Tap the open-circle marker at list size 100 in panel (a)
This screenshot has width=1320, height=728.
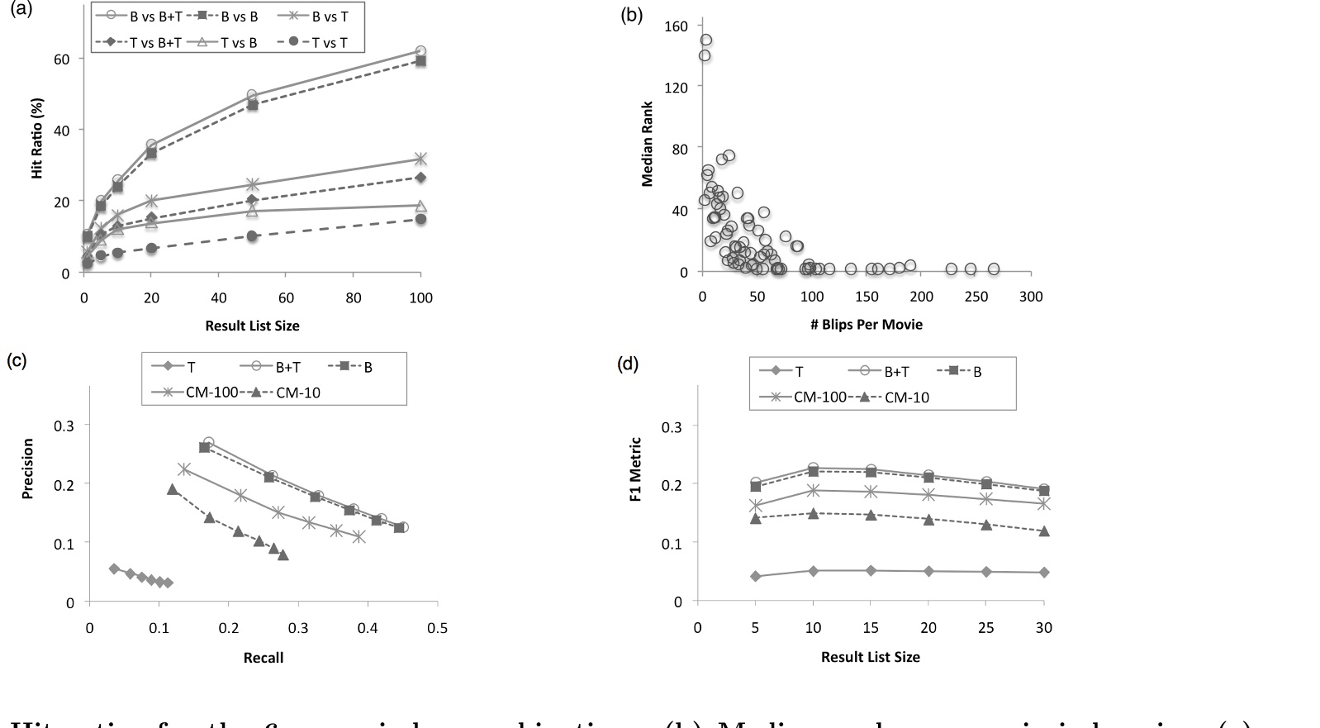[420, 51]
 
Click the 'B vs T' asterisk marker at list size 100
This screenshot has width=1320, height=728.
[420, 159]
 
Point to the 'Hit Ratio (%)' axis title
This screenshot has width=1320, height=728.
[37, 138]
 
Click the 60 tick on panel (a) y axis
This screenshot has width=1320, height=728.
[62, 59]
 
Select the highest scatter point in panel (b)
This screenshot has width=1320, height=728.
[705, 40]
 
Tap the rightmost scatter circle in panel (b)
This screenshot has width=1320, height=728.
[994, 269]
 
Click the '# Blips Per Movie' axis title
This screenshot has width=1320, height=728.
[866, 324]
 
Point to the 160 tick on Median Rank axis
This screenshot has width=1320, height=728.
[676, 26]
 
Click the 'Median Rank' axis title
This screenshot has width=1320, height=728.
[648, 144]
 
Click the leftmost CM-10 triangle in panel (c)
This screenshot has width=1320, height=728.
[173, 489]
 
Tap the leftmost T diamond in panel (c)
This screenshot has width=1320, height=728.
[114, 569]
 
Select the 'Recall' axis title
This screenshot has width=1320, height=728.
[263, 658]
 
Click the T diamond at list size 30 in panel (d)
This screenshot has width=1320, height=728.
[1044, 572]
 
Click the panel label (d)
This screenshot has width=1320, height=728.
[629, 364]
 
